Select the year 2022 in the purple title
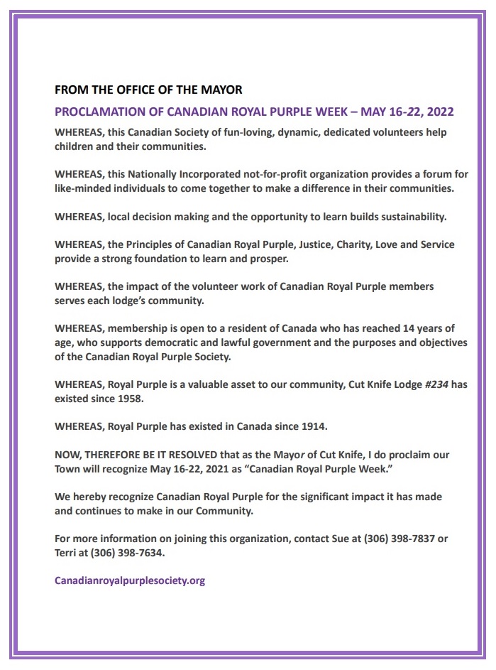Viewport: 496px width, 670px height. coord(438,112)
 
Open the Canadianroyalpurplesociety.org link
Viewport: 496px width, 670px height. coord(130,580)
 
